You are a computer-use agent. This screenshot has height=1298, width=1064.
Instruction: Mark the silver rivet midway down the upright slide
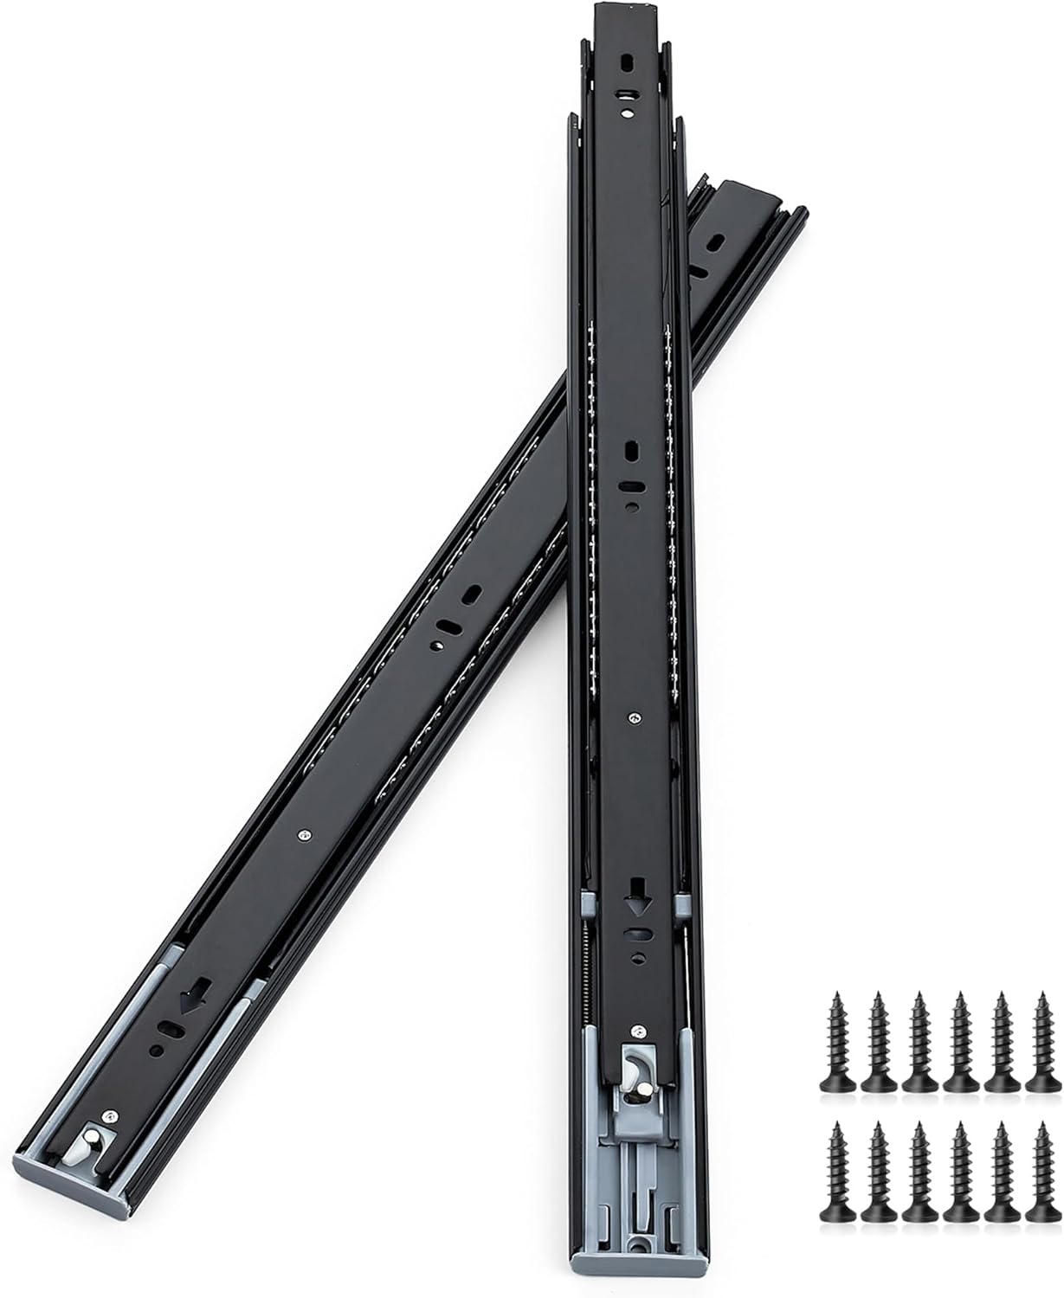tap(636, 716)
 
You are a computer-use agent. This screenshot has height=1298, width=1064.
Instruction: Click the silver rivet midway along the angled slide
tap(302, 835)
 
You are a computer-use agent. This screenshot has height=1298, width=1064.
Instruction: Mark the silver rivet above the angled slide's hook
tap(109, 1117)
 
